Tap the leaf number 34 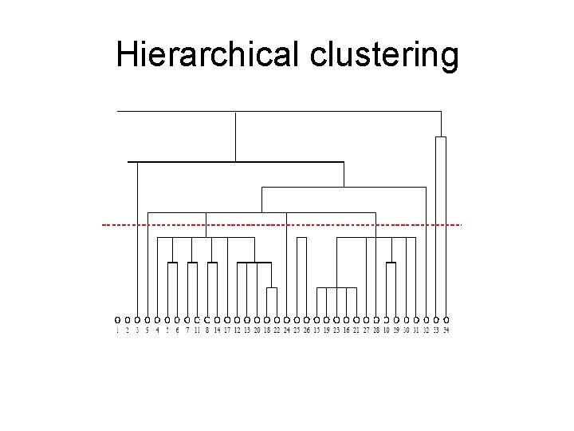click(446, 330)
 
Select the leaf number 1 click(117, 330)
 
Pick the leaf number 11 click(197, 330)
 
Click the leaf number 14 click(217, 330)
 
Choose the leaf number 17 click(227, 330)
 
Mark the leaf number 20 click(257, 330)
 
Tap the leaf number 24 click(286, 330)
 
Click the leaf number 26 click(307, 330)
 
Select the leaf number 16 click(346, 330)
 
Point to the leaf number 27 click(366, 330)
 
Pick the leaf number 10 click(386, 330)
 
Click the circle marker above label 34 click(446, 319)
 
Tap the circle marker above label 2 click(128, 319)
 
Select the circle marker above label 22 click(277, 319)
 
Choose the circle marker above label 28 click(376, 319)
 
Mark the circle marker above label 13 click(247, 319)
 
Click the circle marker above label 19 click(326, 319)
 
